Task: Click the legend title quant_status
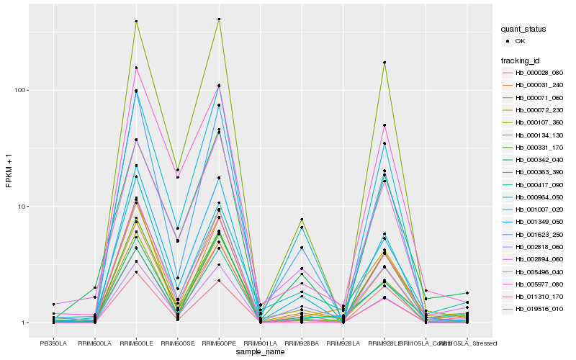(x=524, y=29)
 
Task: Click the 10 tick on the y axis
(x=29, y=207)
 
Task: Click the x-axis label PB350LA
(x=53, y=343)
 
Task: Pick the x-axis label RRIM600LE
(x=136, y=343)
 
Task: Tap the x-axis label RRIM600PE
(x=219, y=343)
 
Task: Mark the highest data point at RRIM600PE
(x=219, y=19)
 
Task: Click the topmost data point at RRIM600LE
(x=136, y=22)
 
